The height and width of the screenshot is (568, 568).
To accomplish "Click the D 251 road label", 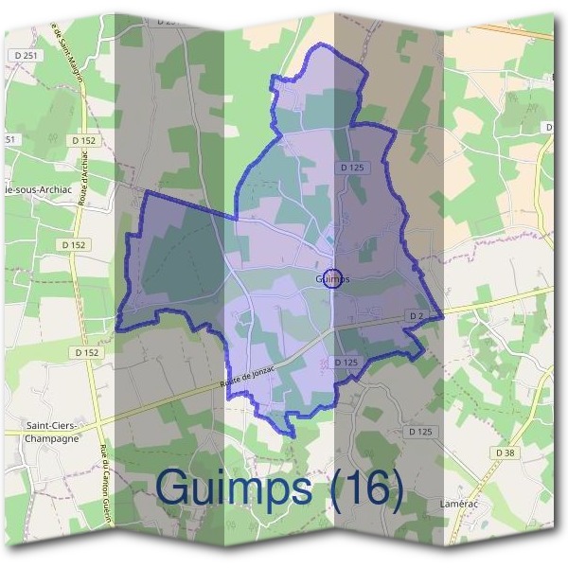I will [x=26, y=57].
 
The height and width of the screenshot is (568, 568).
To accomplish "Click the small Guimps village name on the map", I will [x=332, y=279].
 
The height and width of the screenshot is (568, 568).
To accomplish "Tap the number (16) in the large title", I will [x=364, y=488].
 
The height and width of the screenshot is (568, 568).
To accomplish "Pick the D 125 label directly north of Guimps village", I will [x=351, y=168].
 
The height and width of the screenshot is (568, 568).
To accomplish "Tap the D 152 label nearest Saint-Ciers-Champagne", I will [x=86, y=352].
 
